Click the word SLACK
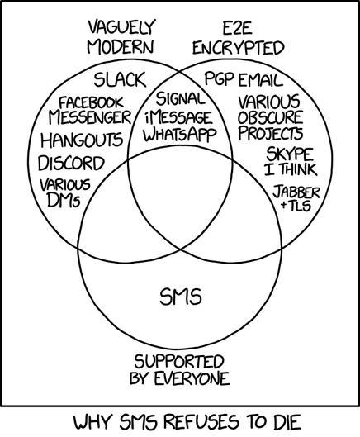(x=120, y=79)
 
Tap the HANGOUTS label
(x=82, y=140)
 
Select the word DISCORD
(x=71, y=163)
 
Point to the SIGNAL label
(x=180, y=98)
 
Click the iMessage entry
(x=178, y=118)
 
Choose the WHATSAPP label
(x=180, y=135)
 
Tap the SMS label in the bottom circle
(x=181, y=297)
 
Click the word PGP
(x=219, y=78)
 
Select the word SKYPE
(x=290, y=154)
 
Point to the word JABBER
(x=296, y=192)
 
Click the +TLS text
(x=296, y=206)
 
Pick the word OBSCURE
(x=270, y=117)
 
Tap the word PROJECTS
(x=270, y=133)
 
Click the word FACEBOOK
(x=91, y=102)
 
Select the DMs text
(x=64, y=200)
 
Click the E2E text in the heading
(x=238, y=28)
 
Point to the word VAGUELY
(x=121, y=27)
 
